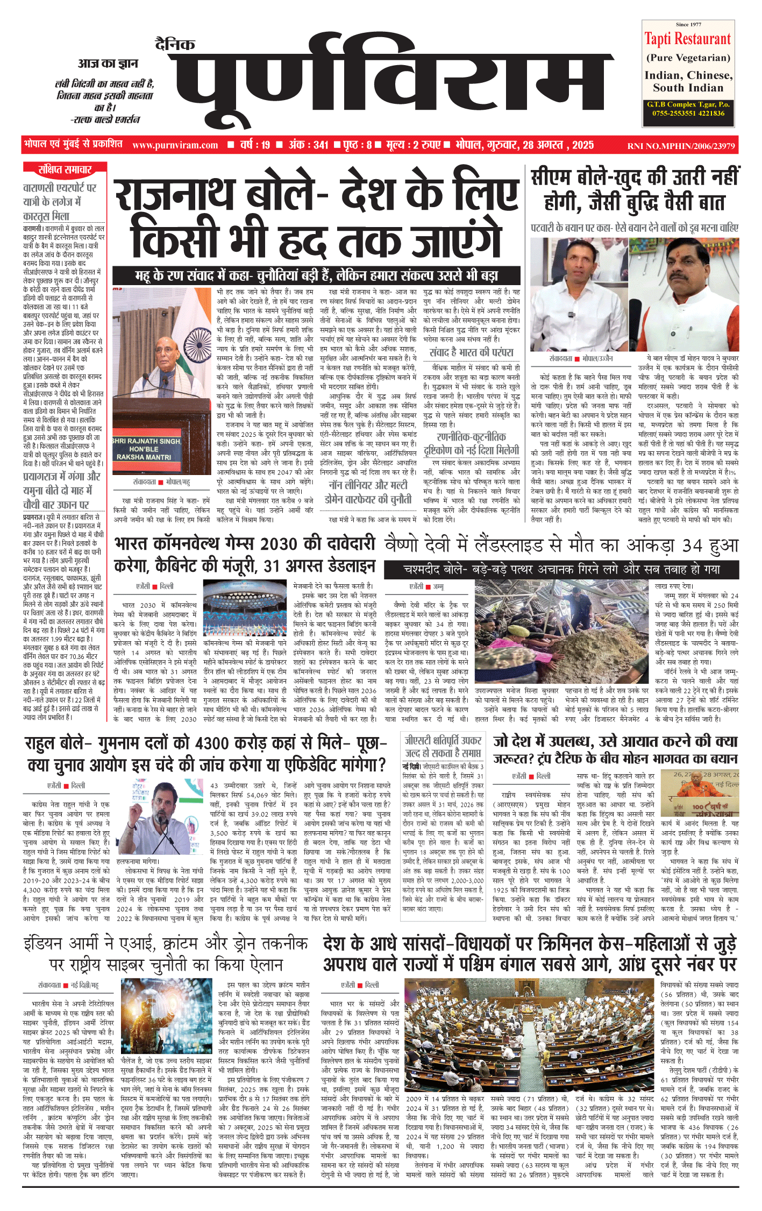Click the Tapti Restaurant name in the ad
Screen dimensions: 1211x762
688,39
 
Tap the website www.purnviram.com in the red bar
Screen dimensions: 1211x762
175,145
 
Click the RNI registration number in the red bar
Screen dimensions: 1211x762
681,146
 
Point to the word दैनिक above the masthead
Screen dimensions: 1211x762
175,45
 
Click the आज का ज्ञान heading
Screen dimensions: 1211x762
108,63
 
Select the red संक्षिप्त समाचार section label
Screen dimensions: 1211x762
65,169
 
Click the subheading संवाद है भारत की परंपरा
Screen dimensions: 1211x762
471,352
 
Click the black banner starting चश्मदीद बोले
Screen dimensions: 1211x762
561,569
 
